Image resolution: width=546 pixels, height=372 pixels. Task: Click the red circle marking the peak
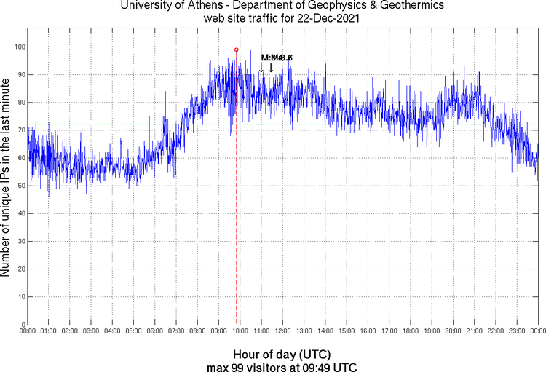(237, 50)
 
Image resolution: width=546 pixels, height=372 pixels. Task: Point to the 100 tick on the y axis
(20, 47)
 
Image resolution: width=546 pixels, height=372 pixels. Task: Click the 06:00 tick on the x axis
(155, 331)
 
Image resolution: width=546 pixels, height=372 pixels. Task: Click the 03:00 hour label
(91, 331)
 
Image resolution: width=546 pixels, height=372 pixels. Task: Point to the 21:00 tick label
(474, 331)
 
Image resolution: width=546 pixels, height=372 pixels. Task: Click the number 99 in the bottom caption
(237, 366)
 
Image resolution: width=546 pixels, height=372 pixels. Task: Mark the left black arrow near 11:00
(261, 68)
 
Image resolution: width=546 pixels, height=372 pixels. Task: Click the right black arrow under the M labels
(271, 68)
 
